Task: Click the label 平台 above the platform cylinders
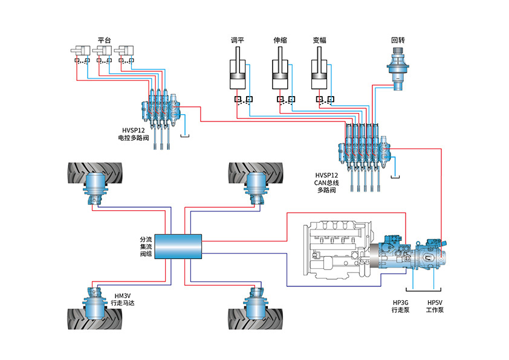click(104, 40)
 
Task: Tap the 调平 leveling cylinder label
click(238, 40)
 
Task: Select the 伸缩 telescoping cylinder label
click(280, 40)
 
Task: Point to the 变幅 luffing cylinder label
click(320, 40)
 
